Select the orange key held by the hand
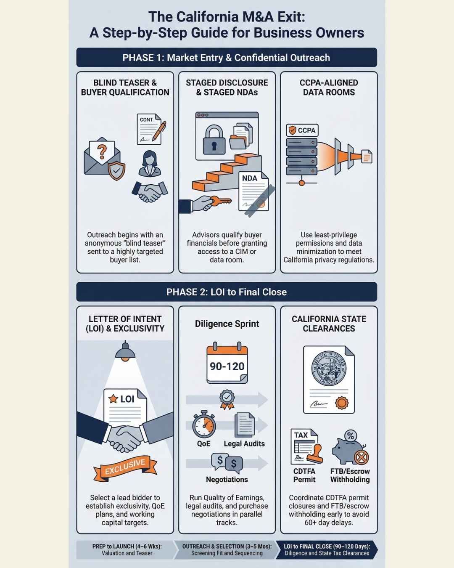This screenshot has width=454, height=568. point(220,201)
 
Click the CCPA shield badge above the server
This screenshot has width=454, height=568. point(302,130)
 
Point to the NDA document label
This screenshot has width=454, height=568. point(250,178)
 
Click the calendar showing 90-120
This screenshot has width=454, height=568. point(227,364)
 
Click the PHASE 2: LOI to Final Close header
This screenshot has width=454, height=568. point(227,292)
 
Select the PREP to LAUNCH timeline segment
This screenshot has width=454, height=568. point(126,549)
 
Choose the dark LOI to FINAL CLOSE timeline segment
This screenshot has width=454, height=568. point(326,549)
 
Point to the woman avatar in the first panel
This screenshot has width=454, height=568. point(149,164)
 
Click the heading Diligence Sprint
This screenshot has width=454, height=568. point(227,324)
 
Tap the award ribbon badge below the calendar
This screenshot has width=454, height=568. point(227,399)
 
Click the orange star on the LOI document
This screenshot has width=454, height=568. point(113,398)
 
